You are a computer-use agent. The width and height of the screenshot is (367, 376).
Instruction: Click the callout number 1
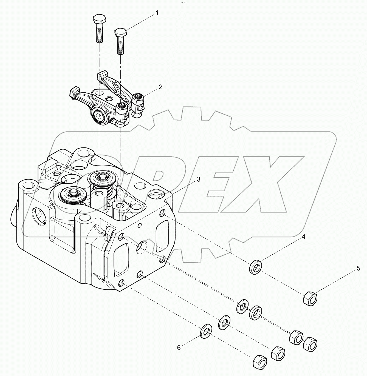point(157,13)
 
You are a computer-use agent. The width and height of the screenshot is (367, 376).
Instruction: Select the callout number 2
point(160,87)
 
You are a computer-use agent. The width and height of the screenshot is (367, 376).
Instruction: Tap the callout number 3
point(198,180)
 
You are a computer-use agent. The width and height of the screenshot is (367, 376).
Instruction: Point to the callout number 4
point(304,237)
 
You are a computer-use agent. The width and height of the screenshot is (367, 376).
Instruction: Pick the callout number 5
point(358,269)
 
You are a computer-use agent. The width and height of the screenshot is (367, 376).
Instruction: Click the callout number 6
point(179,348)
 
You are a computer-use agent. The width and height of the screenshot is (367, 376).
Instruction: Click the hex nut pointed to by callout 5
point(310,297)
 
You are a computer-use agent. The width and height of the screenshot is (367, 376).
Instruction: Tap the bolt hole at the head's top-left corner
point(27,187)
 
